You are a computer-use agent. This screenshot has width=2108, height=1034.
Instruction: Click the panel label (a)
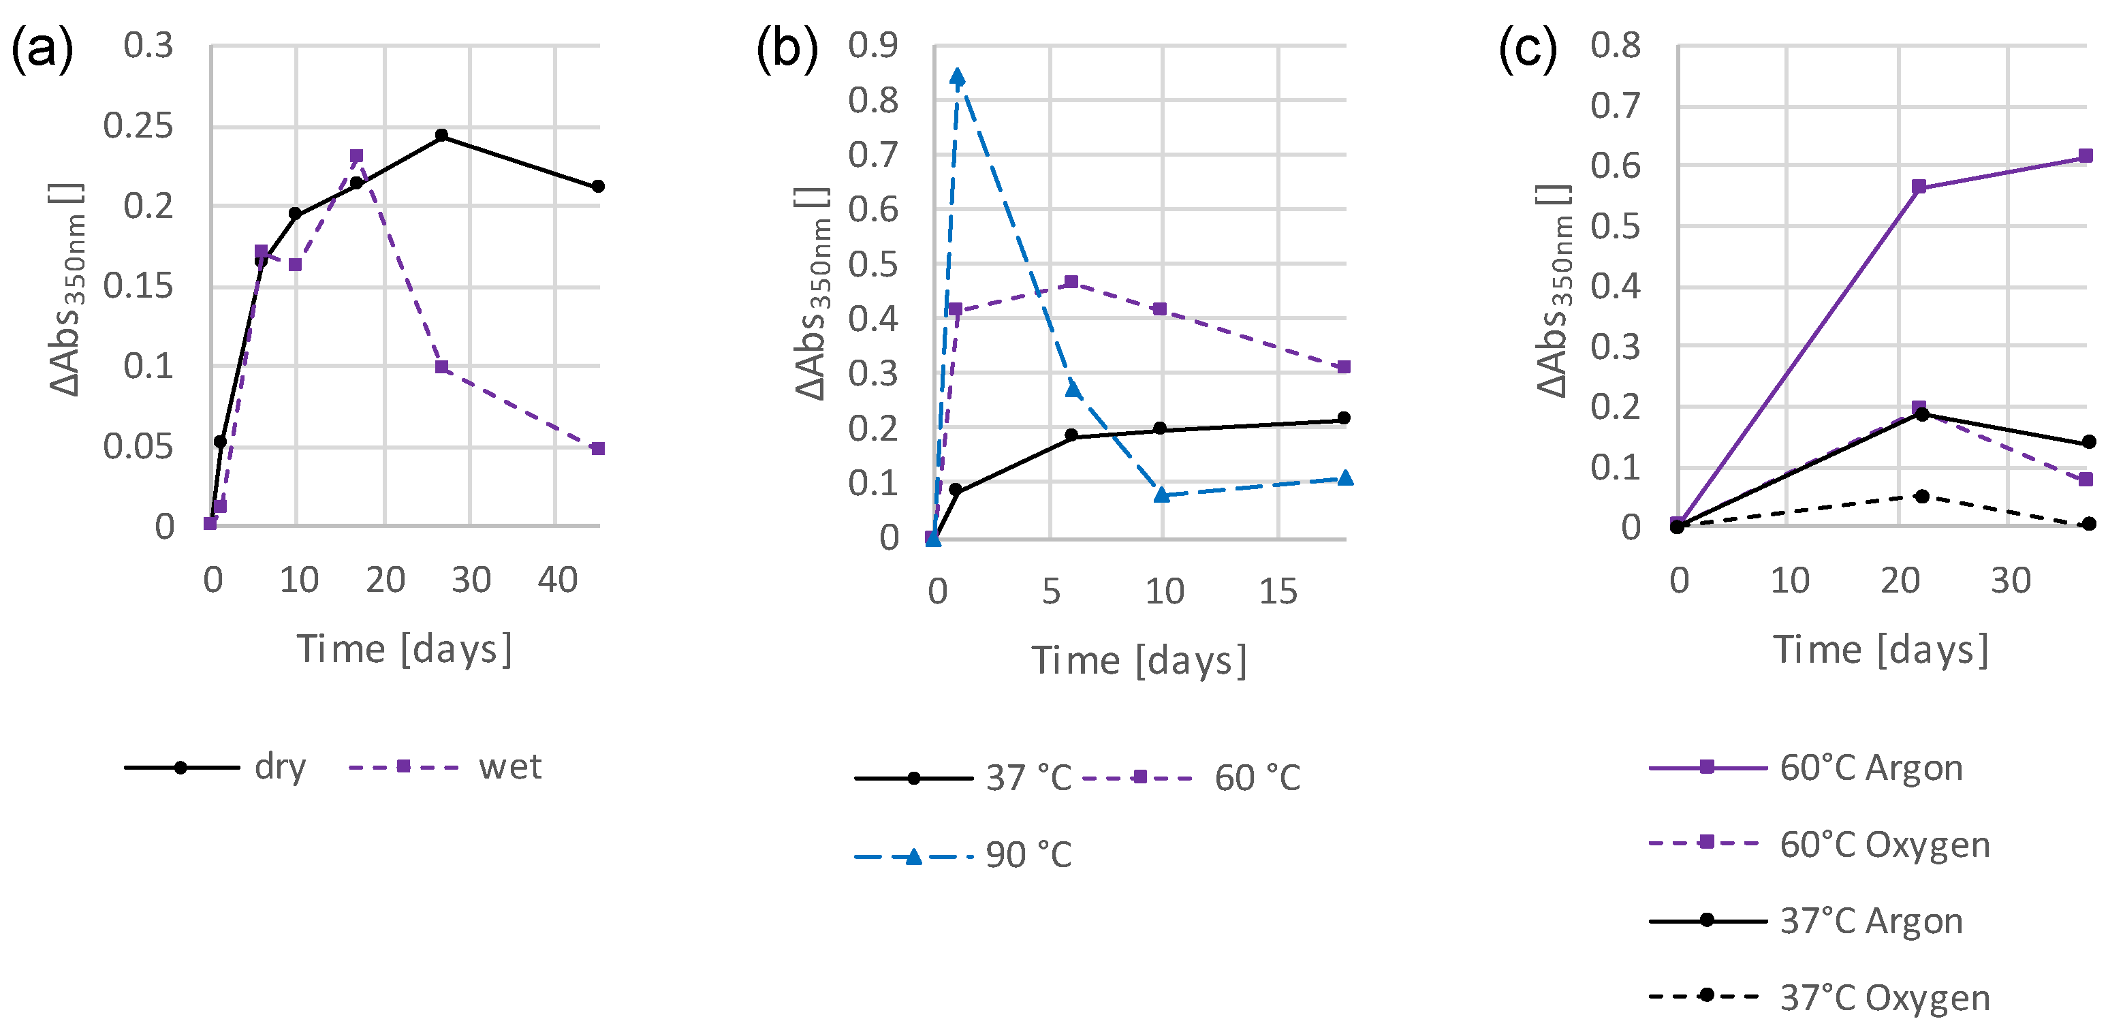click(x=42, y=49)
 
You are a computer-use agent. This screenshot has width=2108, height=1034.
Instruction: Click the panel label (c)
click(x=1527, y=49)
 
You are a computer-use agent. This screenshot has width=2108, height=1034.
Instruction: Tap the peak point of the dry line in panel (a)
click(x=442, y=135)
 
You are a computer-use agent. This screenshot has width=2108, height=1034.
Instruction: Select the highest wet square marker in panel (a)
click(x=356, y=155)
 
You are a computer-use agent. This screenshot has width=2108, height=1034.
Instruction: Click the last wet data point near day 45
click(x=598, y=449)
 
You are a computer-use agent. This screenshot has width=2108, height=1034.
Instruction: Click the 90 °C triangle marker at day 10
click(x=1161, y=495)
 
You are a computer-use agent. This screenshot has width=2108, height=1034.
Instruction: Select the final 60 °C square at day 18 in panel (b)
click(x=1344, y=366)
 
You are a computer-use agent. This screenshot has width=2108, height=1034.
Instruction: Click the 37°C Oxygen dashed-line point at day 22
click(x=1922, y=496)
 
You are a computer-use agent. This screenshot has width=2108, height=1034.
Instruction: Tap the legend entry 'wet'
click(x=509, y=767)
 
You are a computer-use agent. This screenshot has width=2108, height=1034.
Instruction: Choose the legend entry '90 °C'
click(x=1028, y=855)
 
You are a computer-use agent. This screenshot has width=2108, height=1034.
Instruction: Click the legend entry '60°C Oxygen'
click(x=1884, y=843)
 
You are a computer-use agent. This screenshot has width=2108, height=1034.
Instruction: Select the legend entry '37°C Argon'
click(x=1871, y=921)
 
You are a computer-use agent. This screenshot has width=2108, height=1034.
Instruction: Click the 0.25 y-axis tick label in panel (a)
click(x=138, y=126)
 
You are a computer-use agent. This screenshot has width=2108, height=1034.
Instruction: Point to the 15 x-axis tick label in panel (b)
click(x=1278, y=591)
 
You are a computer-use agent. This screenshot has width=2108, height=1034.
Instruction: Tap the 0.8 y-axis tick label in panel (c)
click(x=1615, y=45)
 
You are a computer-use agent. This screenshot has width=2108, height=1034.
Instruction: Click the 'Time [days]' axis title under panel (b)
click(x=1138, y=660)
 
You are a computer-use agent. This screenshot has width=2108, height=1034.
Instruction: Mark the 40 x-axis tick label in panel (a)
click(x=557, y=580)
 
